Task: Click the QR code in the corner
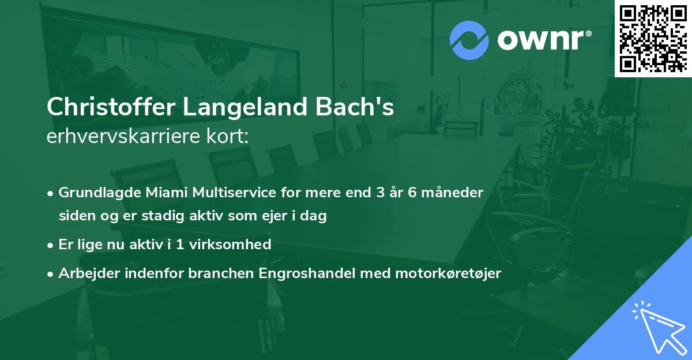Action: coord(653,38)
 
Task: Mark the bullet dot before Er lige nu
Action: coord(51,245)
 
